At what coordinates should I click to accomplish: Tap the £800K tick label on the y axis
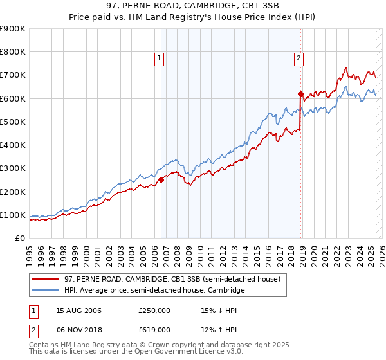13,52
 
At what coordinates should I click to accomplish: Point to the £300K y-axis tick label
13,168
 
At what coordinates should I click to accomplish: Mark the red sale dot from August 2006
161,180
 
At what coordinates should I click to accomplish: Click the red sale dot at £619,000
300,94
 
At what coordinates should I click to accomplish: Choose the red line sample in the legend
45,280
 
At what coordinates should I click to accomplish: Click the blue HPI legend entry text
154,291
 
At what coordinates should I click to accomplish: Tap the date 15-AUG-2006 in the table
79,311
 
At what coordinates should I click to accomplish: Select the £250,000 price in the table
154,311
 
